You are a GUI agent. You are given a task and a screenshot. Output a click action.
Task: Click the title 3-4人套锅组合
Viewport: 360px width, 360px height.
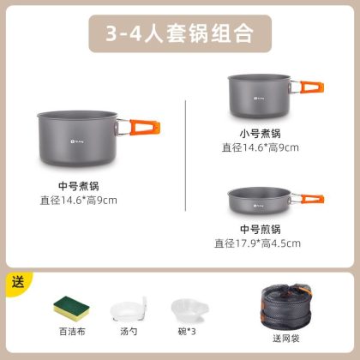[x=180, y=33]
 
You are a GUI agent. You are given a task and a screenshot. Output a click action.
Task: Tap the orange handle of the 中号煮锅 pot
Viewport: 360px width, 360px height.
[x=145, y=127]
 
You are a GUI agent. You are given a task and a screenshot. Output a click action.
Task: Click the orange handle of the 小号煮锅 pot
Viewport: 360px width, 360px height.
[x=312, y=87]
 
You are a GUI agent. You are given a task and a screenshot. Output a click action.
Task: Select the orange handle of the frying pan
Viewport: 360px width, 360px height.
[x=313, y=199]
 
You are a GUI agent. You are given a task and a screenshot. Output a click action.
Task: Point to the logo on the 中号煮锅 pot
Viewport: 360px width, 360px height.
[x=77, y=141]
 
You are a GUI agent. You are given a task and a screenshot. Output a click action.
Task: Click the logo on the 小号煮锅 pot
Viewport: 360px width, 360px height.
[x=259, y=99]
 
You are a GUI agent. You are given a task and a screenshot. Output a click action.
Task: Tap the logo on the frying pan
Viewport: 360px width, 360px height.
[x=258, y=206]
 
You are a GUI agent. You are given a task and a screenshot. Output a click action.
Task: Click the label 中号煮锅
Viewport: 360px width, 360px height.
[x=79, y=186]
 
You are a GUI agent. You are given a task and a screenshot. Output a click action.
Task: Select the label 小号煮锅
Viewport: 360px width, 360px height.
[x=261, y=134]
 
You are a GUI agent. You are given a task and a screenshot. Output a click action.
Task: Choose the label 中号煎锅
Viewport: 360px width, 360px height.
[x=261, y=229]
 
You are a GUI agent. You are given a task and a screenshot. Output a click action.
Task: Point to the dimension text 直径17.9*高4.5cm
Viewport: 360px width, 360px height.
[x=257, y=243]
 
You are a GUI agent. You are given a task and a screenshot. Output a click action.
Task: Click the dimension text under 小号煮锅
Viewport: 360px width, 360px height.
[x=261, y=147]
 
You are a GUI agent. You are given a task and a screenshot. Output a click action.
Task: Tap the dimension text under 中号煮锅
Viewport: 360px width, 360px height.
[x=79, y=201]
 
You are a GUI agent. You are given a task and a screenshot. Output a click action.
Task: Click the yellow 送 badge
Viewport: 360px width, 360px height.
[x=18, y=283]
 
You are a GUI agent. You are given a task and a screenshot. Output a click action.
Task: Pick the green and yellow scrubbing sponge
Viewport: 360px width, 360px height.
[x=71, y=309]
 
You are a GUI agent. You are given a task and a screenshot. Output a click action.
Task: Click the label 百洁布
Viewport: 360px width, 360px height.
[x=72, y=332]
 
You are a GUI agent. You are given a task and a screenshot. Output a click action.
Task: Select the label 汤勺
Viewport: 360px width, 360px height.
[x=129, y=332]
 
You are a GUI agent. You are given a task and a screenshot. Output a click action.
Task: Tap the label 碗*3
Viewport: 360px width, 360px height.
[x=187, y=332]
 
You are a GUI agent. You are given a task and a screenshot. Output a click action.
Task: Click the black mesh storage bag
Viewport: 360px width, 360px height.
[x=286, y=306]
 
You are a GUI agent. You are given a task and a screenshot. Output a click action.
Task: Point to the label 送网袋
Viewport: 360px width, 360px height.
[x=286, y=339]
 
